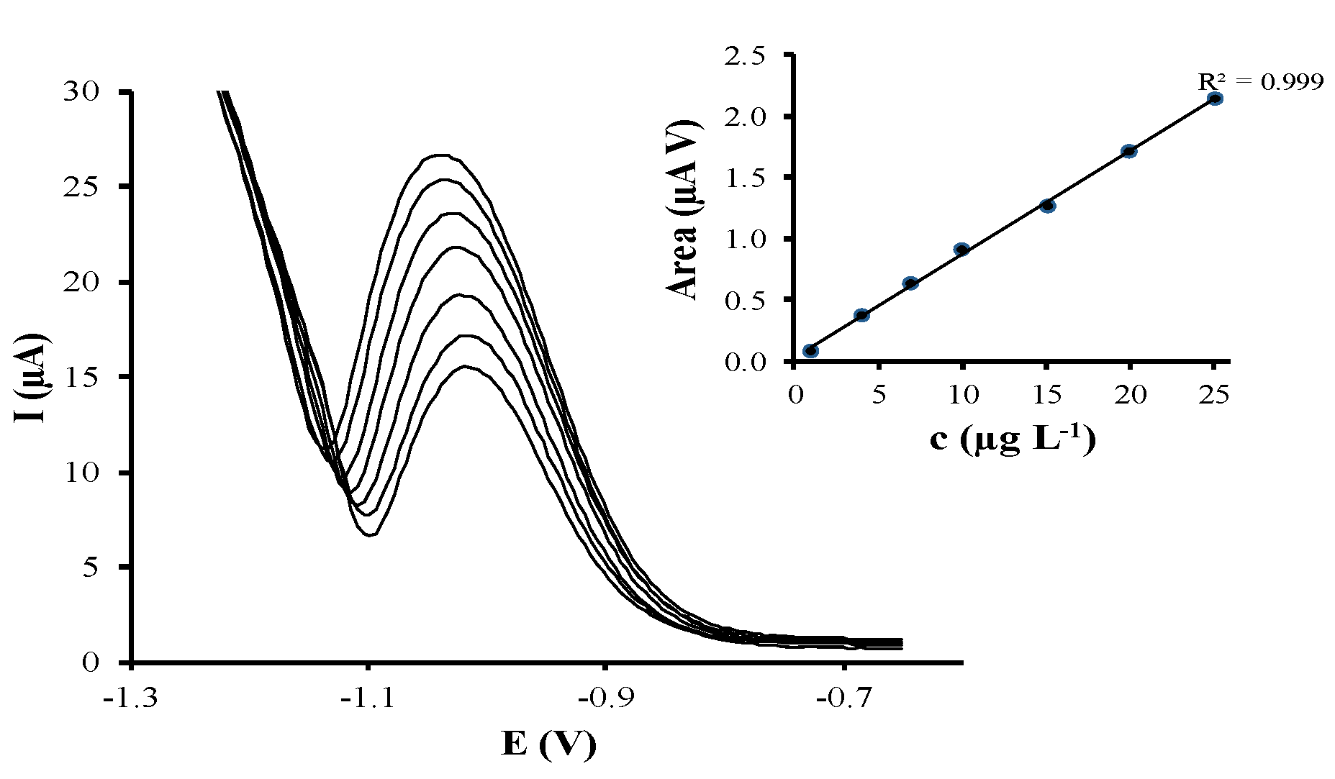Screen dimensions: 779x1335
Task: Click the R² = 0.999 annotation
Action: tap(1259, 81)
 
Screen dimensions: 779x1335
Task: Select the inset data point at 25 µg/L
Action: tap(1215, 99)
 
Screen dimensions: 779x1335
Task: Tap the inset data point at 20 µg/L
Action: tap(1129, 151)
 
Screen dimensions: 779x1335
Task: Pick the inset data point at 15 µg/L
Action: tap(1048, 206)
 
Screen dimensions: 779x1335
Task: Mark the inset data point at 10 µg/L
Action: tap(962, 250)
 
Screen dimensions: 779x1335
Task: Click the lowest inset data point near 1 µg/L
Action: tap(811, 350)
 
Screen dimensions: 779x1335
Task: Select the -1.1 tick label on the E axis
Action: tap(368, 698)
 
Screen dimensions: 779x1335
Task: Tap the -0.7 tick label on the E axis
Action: tap(844, 698)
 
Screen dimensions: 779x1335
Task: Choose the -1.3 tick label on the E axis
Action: tap(130, 698)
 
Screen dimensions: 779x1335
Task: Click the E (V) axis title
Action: tap(548, 744)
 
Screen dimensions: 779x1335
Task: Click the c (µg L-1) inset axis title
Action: tap(1012, 439)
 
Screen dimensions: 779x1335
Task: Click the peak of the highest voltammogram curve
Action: tap(440, 155)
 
